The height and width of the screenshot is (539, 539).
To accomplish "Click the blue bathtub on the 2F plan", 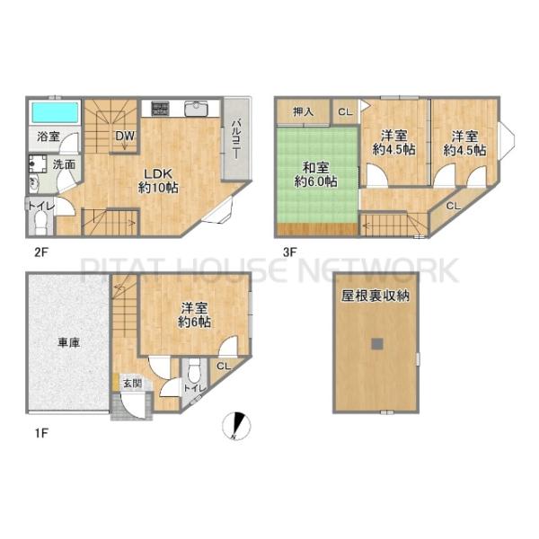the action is point(55,112).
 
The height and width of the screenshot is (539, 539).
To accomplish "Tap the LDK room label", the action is point(158,174).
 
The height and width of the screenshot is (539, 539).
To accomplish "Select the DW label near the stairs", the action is point(125,137).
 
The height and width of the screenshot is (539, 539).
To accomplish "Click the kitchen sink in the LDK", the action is point(196,109).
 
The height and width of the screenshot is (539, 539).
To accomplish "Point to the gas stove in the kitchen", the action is point(160,109).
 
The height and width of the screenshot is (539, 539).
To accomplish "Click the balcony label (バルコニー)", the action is point(236,139).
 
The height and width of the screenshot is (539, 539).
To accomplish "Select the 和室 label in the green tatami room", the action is point(315,168).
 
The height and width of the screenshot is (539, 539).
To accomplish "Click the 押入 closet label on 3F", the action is point(304,111).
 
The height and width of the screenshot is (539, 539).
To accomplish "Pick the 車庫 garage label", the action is point(69,342).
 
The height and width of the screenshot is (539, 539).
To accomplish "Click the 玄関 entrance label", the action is point(133,384).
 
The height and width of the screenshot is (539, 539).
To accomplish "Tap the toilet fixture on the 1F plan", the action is point(195,370).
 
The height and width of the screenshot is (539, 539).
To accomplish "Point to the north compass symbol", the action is point(236,426).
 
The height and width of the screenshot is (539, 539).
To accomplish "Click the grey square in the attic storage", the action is point(377,344).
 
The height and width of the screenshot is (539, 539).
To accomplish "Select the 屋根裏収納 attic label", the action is point(376,296).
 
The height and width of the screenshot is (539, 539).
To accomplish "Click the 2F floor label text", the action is point(41,252).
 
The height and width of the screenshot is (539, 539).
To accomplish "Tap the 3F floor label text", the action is point(290,252).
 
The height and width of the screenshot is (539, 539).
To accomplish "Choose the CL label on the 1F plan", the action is point(224,367).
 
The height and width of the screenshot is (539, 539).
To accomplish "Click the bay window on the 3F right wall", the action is point(507,141).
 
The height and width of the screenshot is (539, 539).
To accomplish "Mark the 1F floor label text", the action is point(41,433).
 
